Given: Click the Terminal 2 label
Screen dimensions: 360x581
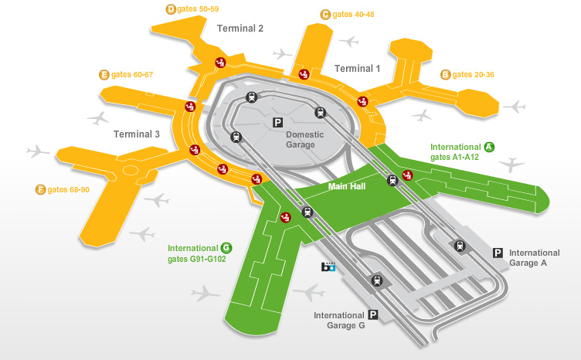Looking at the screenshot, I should point(240,29).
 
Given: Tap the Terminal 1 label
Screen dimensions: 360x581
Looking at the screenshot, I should point(357,69).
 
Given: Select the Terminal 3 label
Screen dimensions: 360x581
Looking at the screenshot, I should point(137,134).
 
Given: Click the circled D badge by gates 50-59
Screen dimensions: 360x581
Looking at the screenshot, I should point(171,9).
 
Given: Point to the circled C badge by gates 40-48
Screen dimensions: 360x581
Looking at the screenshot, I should point(325,14).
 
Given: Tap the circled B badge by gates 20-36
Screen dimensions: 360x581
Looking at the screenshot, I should point(445,75).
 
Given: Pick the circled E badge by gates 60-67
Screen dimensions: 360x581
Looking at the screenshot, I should point(104,75).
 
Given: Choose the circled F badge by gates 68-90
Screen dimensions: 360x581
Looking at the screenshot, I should point(40,189).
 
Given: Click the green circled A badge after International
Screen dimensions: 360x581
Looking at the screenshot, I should point(488,147).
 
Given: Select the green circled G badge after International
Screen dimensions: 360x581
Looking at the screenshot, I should point(226,248).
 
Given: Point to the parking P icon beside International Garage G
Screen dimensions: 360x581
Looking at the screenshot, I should point(373,315).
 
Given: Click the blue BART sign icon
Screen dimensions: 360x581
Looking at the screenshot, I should point(328,267).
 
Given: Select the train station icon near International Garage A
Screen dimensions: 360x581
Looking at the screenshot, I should point(460,246).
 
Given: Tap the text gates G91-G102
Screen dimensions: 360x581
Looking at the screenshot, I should point(197,259).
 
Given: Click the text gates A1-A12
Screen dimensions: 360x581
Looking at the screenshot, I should point(455,158).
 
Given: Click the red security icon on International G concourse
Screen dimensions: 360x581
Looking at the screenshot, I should point(285,217).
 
